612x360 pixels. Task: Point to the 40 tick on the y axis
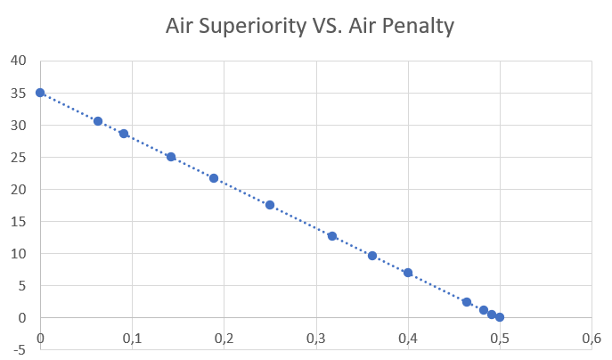19,61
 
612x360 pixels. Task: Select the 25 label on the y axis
19,157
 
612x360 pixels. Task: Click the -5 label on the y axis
20,349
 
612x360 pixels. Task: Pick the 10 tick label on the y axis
19,253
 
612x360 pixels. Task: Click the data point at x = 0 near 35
40,93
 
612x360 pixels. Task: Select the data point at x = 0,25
270,205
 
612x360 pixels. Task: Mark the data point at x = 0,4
408,273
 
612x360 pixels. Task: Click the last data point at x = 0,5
500,317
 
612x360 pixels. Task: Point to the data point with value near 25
171,157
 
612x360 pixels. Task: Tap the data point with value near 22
214,178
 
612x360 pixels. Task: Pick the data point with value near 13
332,236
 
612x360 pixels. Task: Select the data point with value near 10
372,256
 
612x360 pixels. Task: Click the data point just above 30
98,121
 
